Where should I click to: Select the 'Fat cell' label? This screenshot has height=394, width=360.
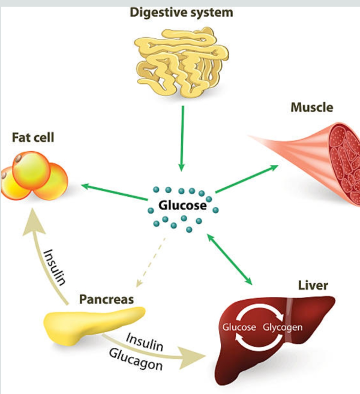click(33, 138)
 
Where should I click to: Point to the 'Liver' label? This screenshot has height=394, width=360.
click(313, 285)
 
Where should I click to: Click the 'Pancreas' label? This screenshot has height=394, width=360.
click(106, 298)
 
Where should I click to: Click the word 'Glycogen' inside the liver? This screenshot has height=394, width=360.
click(281, 327)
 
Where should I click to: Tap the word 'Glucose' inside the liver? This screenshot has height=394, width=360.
click(239, 327)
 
